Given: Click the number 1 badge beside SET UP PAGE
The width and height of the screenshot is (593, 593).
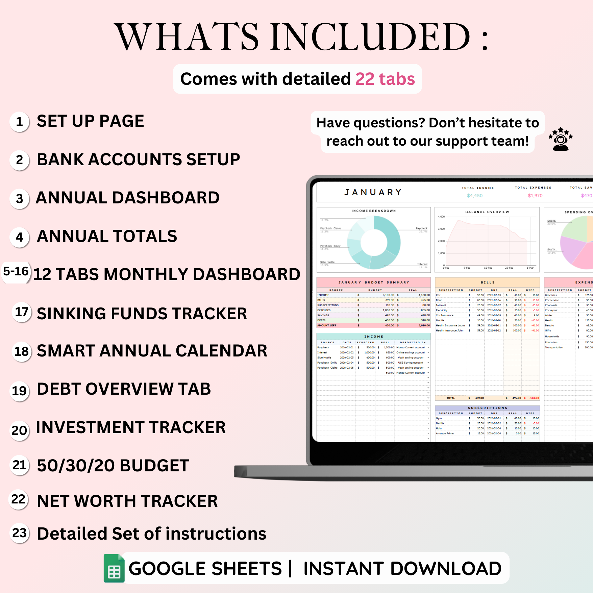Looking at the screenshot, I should pyautogui.click(x=20, y=122).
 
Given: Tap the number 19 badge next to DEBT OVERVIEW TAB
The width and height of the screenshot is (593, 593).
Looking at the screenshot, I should pyautogui.click(x=20, y=391).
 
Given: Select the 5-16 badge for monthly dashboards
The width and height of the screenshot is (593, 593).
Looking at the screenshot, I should pyautogui.click(x=16, y=271).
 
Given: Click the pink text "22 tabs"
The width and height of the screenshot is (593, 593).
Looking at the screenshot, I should pyautogui.click(x=385, y=79).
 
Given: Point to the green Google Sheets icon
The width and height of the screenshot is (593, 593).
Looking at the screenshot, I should pyautogui.click(x=114, y=568).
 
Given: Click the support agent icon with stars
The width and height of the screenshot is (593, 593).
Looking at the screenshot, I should pyautogui.click(x=561, y=139).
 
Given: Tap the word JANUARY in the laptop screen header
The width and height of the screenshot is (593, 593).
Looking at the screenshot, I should pyautogui.click(x=373, y=192).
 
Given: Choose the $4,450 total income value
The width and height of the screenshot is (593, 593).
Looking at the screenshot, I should pyautogui.click(x=475, y=196).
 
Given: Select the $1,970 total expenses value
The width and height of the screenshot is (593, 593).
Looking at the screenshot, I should pyautogui.click(x=535, y=196).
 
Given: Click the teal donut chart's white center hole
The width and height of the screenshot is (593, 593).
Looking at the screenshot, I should pyautogui.click(x=374, y=242).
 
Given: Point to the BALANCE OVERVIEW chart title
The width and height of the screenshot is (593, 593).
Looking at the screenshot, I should pyautogui.click(x=487, y=212).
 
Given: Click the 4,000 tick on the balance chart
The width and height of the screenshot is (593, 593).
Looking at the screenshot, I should pyautogui.click(x=441, y=217).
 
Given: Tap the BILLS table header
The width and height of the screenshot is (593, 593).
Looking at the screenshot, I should pyautogui.click(x=487, y=282).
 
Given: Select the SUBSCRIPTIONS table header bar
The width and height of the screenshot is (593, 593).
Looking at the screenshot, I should pyautogui.click(x=487, y=408).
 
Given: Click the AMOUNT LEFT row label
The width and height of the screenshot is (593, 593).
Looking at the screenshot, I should pyautogui.click(x=327, y=325).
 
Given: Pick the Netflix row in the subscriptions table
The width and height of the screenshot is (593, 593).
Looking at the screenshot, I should pyautogui.click(x=440, y=423).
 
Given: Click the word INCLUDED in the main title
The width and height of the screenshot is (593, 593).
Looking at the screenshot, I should pyautogui.click(x=370, y=36).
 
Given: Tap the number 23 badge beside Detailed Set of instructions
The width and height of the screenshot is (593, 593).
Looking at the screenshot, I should pyautogui.click(x=20, y=533).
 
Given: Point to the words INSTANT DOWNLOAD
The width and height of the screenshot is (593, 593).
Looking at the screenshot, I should pyautogui.click(x=402, y=568).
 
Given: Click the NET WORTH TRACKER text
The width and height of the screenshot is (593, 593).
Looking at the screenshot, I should pyautogui.click(x=127, y=501).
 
